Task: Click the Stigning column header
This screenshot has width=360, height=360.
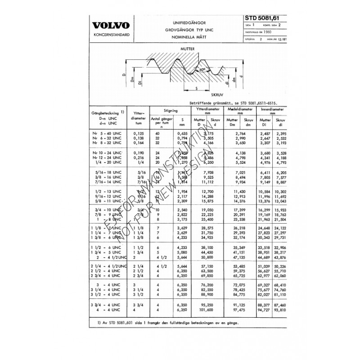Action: tap(170, 109)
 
